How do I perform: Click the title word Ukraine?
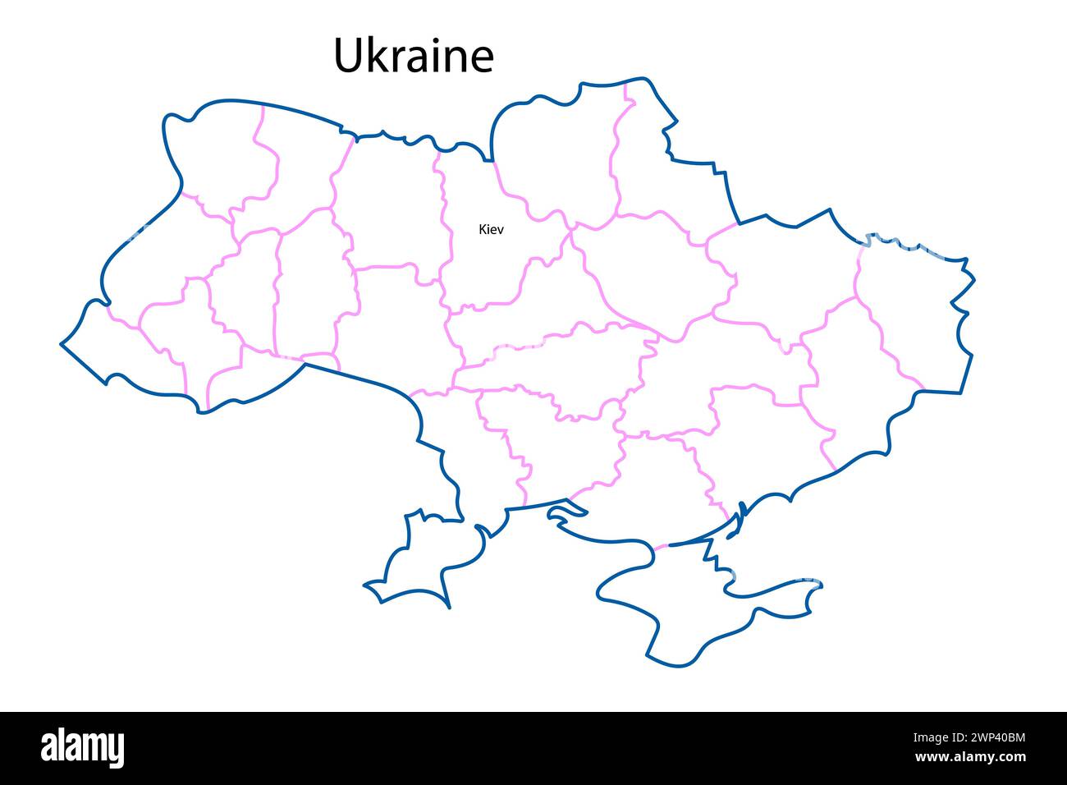coord(414,56)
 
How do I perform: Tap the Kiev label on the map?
coord(491,229)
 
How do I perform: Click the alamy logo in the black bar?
coord(83,748)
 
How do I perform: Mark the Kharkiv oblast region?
coord(780,271)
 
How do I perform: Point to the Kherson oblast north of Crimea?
coord(657,484)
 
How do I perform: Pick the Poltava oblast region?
coord(648,271)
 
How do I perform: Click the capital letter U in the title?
coord(348,56)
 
